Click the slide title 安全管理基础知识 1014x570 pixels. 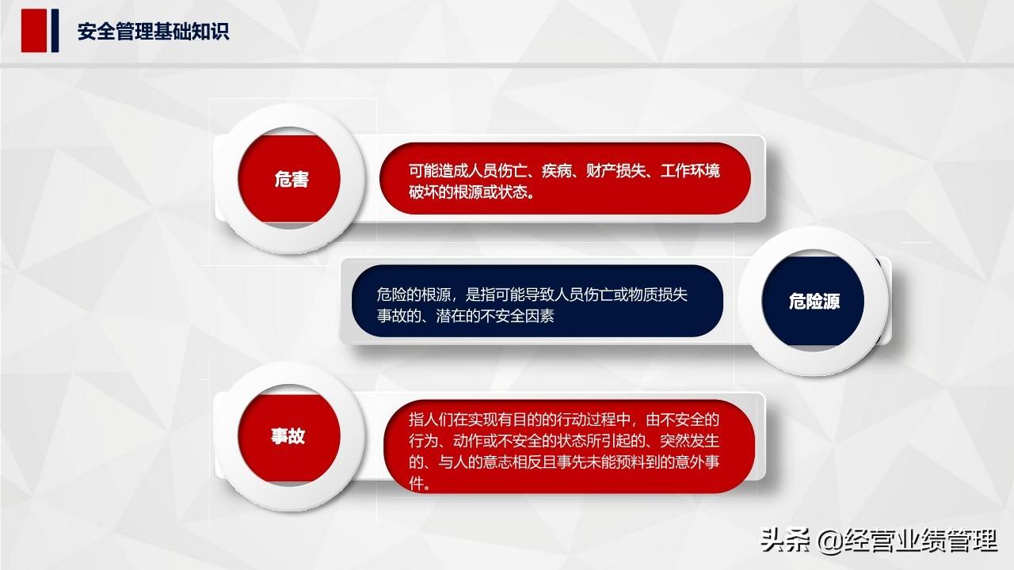coord(153,32)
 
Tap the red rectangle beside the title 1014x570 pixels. coord(34,30)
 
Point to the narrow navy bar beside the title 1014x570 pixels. coord(55,30)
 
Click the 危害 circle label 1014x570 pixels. coord(291,179)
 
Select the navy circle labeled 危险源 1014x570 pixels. coord(813,301)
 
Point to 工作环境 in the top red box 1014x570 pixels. coord(690,171)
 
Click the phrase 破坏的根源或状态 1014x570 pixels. coord(468,192)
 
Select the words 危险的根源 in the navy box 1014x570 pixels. coord(414,294)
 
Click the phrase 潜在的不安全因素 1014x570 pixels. coord(495,316)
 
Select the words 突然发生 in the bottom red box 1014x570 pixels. coord(690,441)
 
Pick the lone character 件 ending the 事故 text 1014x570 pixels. coord(417,483)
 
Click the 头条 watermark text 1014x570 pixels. coord(785,540)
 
